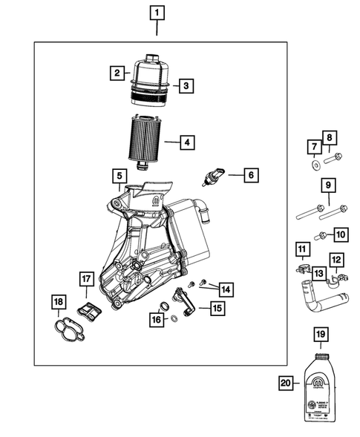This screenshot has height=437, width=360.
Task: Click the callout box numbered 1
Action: pyautogui.click(x=157, y=12)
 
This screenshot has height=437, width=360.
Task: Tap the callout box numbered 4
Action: pyautogui.click(x=187, y=141)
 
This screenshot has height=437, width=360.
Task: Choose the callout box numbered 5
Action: pyautogui.click(x=119, y=176)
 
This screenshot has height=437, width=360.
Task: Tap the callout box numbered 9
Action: pyautogui.click(x=326, y=185)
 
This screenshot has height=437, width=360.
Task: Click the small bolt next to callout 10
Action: pyautogui.click(x=322, y=236)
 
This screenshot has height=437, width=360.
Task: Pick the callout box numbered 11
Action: pyautogui.click(x=301, y=248)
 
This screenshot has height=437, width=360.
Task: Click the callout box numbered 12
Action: pyautogui.click(x=336, y=260)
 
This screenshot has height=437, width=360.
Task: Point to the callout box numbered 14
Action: pyautogui.click(x=223, y=289)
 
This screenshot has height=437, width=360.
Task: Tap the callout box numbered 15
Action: pyautogui.click(x=217, y=307)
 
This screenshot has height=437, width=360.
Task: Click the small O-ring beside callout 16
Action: pyautogui.click(x=173, y=319)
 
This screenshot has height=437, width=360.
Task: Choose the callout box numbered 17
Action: pyautogui.click(x=86, y=279)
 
